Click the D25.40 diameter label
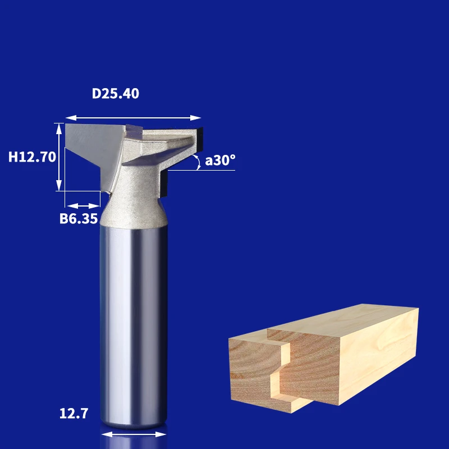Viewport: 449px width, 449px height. point(116,94)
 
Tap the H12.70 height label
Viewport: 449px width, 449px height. point(32,157)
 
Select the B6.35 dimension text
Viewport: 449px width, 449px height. point(79,218)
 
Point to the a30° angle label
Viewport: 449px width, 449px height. point(220,160)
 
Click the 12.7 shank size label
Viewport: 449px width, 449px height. point(74,414)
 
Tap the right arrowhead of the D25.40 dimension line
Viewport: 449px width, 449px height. point(195,118)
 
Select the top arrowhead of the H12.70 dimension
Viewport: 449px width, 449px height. point(59,129)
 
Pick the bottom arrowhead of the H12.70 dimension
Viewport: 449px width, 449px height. point(59,185)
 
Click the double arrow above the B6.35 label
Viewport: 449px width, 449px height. point(83,206)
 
